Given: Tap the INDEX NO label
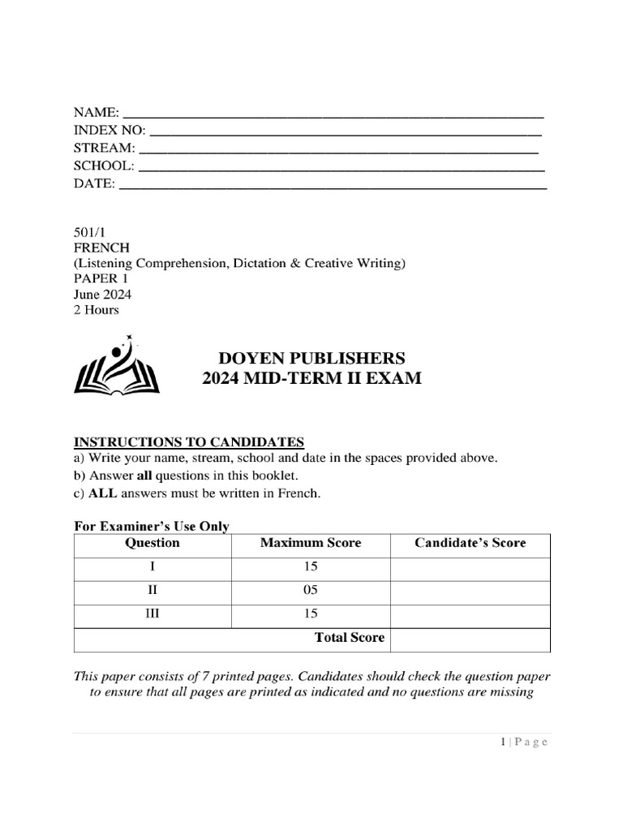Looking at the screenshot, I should pyautogui.click(x=110, y=130).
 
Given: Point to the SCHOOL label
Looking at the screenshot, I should pyautogui.click(x=104, y=166).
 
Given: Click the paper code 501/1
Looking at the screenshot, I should pyautogui.click(x=90, y=232).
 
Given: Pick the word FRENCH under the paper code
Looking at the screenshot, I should pyautogui.click(x=101, y=248).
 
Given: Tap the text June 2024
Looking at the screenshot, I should pyautogui.click(x=102, y=294).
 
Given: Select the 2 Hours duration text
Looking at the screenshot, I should pyautogui.click(x=96, y=309).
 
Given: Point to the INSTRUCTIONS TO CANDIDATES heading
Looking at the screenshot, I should pyautogui.click(x=189, y=441).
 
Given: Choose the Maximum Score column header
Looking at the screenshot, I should pyautogui.click(x=311, y=543).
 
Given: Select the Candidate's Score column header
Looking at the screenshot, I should pyautogui.click(x=470, y=543).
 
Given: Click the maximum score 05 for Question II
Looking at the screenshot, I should pyautogui.click(x=311, y=590).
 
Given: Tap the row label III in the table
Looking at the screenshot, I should pyautogui.click(x=153, y=614).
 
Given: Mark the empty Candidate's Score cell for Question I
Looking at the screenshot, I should pyautogui.click(x=470, y=566).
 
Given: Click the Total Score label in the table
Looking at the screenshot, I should pyautogui.click(x=350, y=638).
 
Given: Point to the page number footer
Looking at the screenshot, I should pyautogui.click(x=523, y=742).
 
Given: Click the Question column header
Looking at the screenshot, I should pyautogui.click(x=153, y=543).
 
